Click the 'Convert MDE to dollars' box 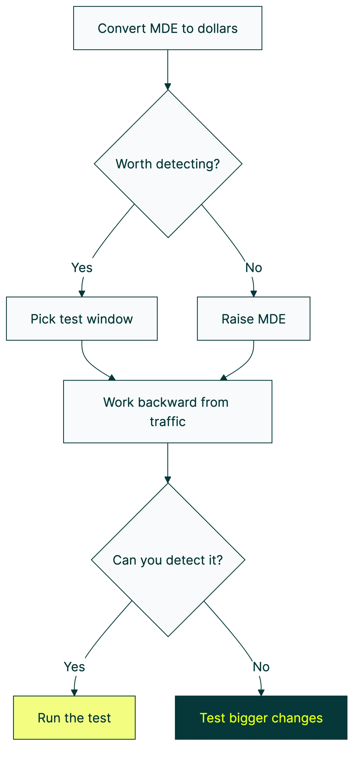click(168, 28)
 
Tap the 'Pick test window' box click(82, 319)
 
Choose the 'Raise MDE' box click(254, 319)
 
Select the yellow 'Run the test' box click(74, 718)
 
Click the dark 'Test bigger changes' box click(261, 718)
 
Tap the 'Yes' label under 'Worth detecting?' click(82, 267)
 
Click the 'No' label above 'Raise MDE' click(254, 267)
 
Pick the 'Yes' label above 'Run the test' click(74, 667)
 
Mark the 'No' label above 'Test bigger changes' click(261, 667)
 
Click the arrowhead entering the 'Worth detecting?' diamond click(168, 87)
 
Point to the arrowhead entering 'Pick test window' click(82, 294)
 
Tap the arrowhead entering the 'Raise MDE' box click(254, 294)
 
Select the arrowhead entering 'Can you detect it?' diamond click(168, 480)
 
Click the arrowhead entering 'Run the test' click(74, 693)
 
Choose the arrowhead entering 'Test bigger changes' click(261, 693)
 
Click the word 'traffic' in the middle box click(168, 421)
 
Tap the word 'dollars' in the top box click(217, 28)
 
